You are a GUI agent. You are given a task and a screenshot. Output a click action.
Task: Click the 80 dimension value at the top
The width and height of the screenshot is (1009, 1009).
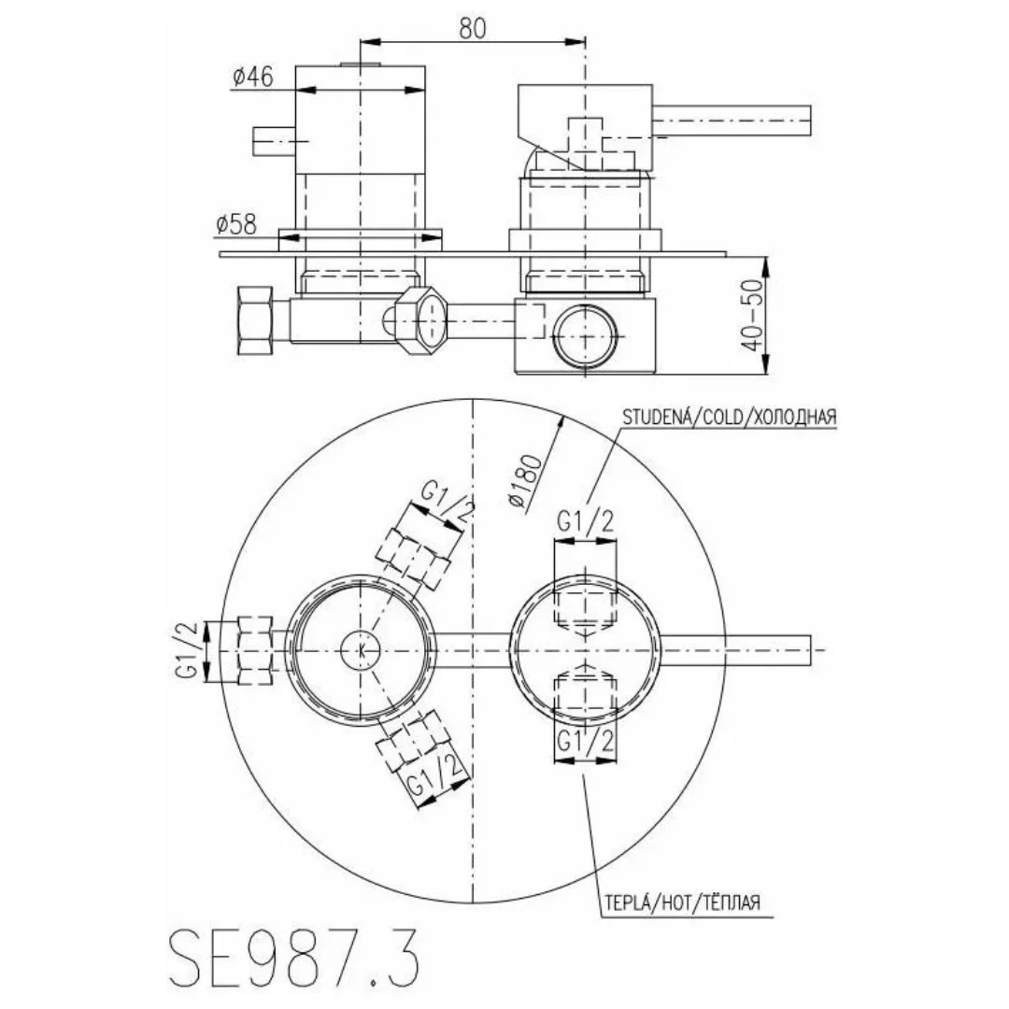point(473,28)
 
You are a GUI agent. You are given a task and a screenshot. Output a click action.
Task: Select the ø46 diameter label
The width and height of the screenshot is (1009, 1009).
point(253,77)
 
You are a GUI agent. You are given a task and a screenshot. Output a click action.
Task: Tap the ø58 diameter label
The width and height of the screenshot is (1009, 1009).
point(236,224)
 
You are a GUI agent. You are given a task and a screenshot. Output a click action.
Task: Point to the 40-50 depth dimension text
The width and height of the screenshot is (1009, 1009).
point(751,315)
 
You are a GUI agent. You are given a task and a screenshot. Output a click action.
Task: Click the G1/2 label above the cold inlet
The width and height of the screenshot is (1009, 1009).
point(586,520)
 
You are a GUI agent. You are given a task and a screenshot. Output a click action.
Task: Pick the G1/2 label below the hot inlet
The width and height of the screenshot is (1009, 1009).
point(586,741)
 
